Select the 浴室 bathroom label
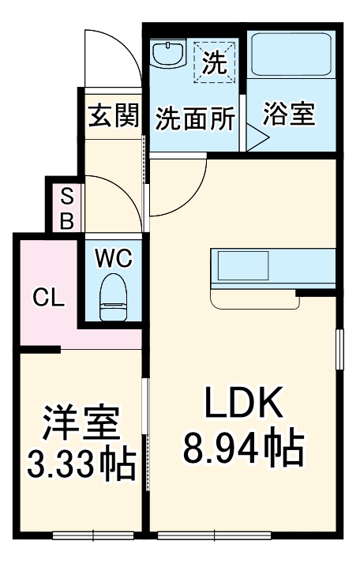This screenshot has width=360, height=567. coord(288,115)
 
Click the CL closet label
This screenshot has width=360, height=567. coord(48,298)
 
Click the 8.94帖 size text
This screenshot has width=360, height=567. coord(243,449)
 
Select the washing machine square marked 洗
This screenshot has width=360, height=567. coord(215,59)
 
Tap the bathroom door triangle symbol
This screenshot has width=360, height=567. coord(257,139)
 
